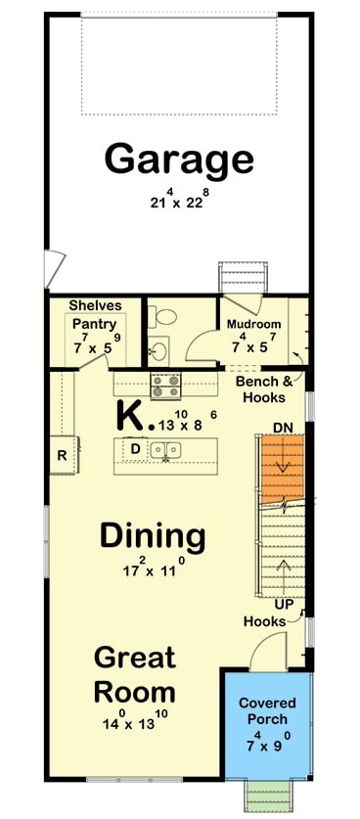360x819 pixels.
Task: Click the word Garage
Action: coord(179,158)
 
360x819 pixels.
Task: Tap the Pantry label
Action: coord(95,324)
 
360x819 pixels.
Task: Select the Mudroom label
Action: coord(253,324)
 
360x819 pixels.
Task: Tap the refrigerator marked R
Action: coord(62,455)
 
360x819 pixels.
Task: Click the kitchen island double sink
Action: coord(167,450)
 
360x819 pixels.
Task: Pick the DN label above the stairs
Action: coord(282,427)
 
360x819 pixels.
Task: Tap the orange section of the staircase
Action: coord(282,468)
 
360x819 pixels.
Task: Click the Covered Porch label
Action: coord(266,710)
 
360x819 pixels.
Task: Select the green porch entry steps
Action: coord(265,796)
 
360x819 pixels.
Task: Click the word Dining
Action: coord(153,535)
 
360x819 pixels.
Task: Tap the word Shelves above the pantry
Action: coord(95,305)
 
